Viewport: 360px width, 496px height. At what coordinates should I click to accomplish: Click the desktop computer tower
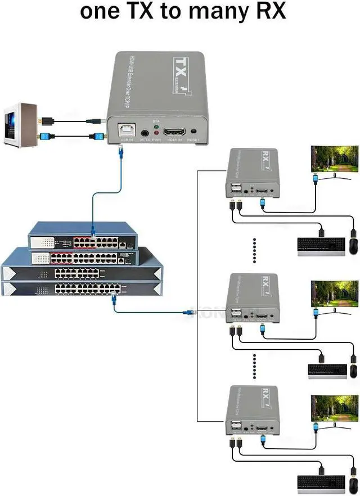point(21,124)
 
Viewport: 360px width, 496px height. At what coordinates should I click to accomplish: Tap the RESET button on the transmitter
point(194,129)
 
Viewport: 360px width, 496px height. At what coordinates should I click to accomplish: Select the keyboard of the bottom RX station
point(320,483)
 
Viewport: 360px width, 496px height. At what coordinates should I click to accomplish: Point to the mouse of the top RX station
point(354,246)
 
